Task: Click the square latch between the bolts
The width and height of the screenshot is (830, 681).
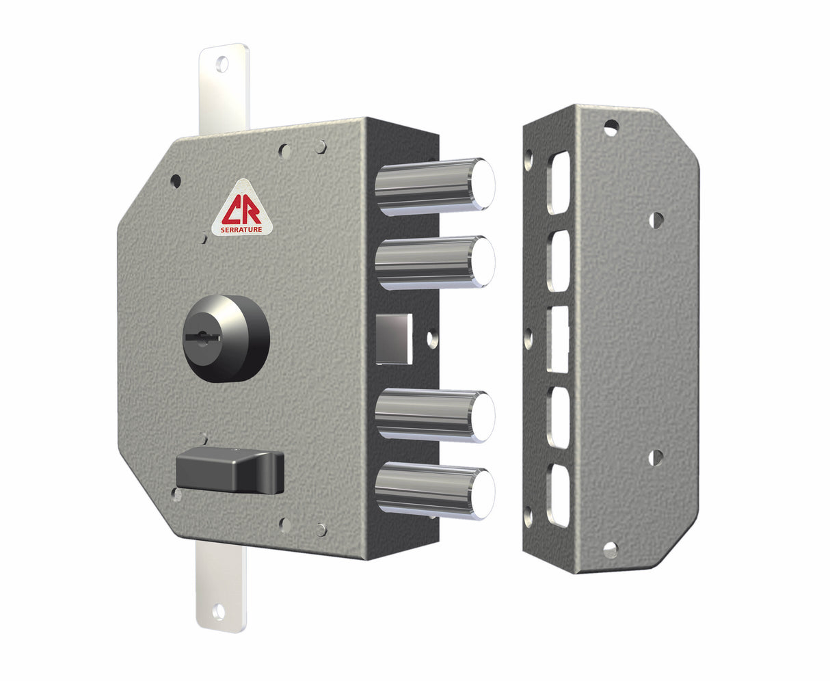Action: coord(394,338)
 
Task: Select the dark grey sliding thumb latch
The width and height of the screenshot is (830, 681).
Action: coord(229,470)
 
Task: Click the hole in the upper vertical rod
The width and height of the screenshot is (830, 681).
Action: coord(222,65)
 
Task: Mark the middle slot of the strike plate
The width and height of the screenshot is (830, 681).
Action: coord(558,339)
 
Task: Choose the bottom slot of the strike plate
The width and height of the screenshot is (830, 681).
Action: coord(559,495)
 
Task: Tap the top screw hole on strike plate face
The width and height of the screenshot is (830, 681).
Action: coord(611,127)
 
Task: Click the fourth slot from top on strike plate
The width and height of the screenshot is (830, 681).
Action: coord(559,418)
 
